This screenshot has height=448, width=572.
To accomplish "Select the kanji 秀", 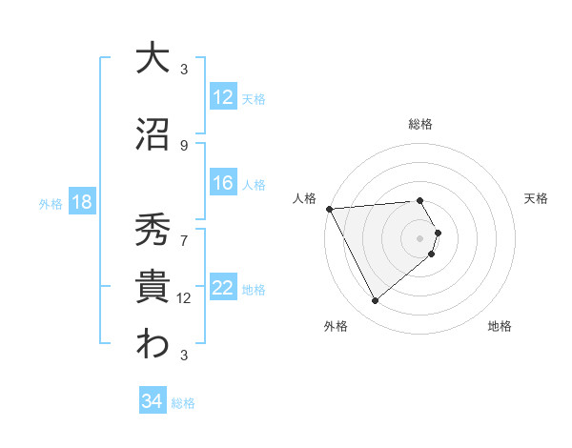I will coord(153,230).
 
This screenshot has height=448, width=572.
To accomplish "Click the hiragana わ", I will coord(153,345).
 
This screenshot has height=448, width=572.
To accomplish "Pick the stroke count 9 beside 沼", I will coord(184,145).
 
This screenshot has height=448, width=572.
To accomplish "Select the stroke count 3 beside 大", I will coord(184,69).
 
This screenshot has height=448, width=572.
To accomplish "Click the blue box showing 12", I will coord(222,97).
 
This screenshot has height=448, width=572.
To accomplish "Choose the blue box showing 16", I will coord(222,183).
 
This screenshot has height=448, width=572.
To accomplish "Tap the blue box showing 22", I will coord(222,288).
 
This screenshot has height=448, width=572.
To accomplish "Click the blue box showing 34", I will coord(152,401).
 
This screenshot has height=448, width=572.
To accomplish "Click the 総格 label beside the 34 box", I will coord(183,403).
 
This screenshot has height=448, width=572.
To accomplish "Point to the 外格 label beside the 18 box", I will coord(51,203).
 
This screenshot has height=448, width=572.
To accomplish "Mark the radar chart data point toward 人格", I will coord(329,209).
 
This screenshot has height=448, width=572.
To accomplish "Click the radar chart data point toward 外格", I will coord(375,301).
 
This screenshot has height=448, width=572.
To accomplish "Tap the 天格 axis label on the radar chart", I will coord(536,198).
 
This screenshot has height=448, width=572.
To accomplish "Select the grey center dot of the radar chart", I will coord(419,237).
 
